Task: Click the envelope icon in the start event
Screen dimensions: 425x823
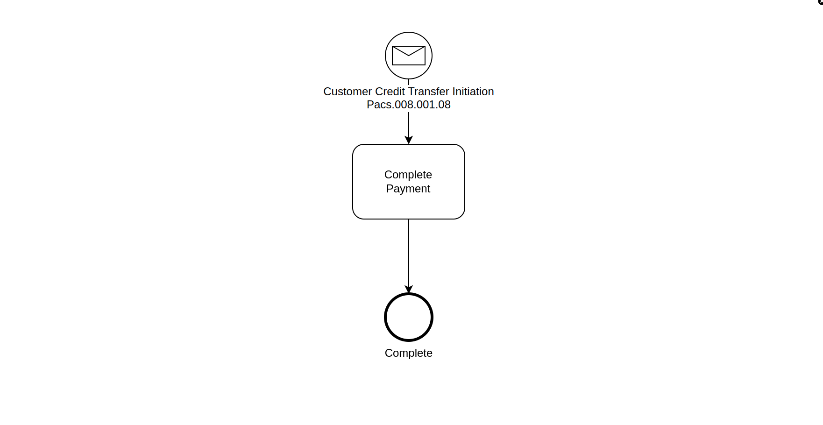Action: click(x=409, y=56)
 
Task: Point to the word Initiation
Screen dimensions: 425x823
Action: click(x=473, y=92)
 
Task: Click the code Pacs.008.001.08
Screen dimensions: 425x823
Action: click(x=409, y=105)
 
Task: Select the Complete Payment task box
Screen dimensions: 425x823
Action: click(x=409, y=205)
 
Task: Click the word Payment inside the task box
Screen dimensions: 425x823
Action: click(x=408, y=189)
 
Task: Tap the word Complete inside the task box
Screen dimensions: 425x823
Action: click(x=408, y=175)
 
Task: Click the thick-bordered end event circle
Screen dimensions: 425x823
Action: click(x=409, y=317)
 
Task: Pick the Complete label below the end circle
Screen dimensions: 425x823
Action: click(x=409, y=353)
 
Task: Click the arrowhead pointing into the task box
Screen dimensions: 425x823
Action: click(x=409, y=140)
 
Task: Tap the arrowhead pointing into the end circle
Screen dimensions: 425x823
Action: click(x=409, y=289)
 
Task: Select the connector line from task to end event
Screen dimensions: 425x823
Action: click(x=409, y=252)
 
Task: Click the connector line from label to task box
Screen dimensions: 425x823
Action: click(x=409, y=124)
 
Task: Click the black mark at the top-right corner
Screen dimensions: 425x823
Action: click(x=821, y=2)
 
